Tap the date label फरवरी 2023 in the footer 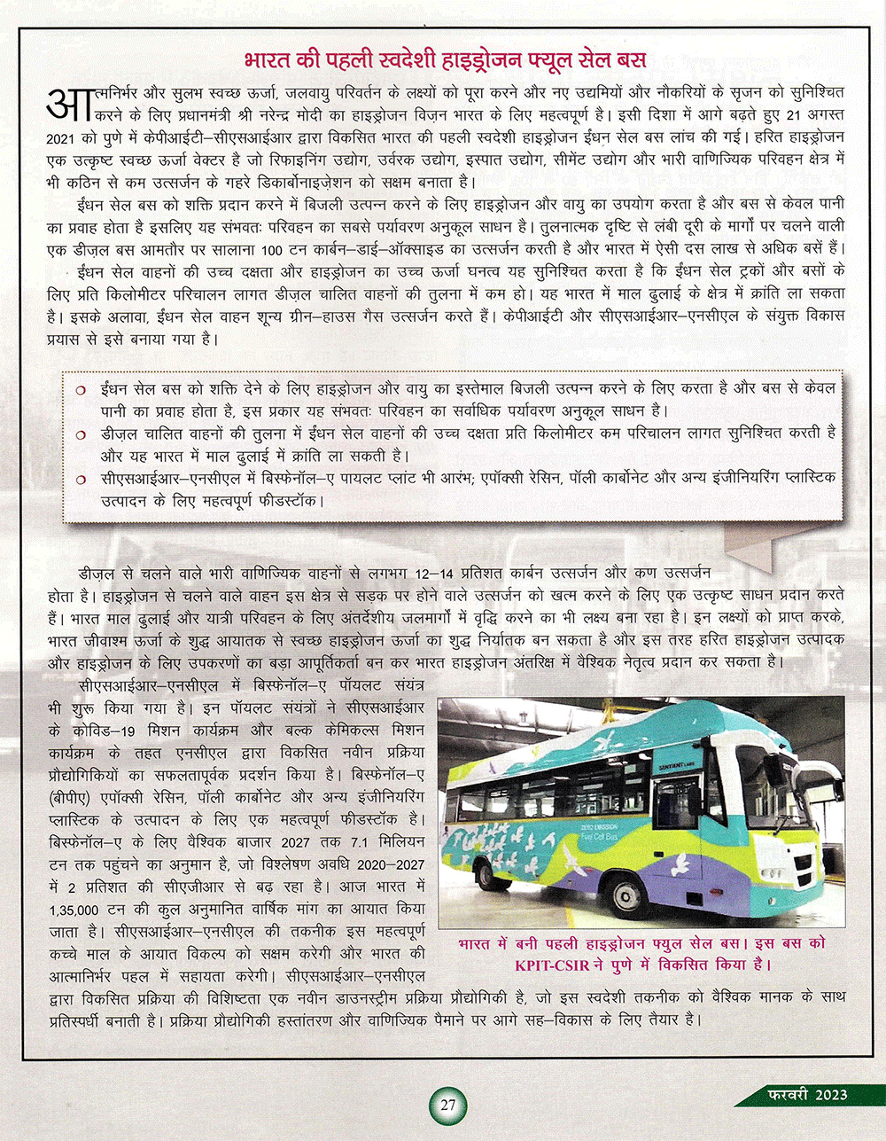click(x=807, y=1094)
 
